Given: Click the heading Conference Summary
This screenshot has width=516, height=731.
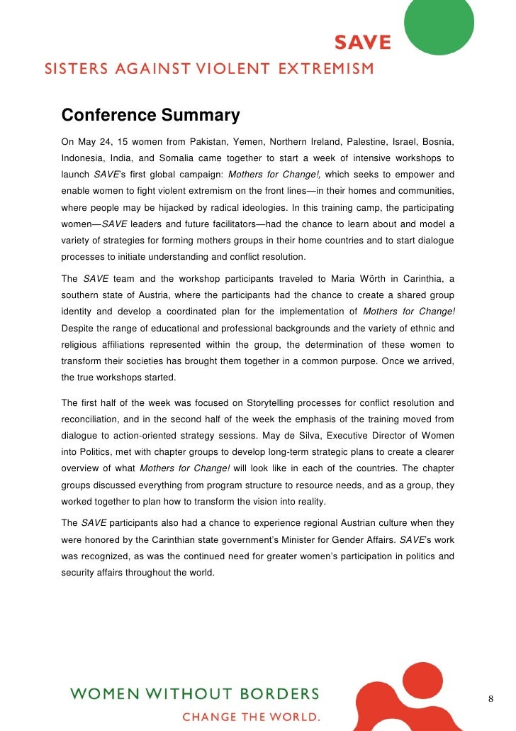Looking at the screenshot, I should click(x=150, y=115).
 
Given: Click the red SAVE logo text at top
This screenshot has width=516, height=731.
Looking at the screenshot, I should click(x=363, y=43).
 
